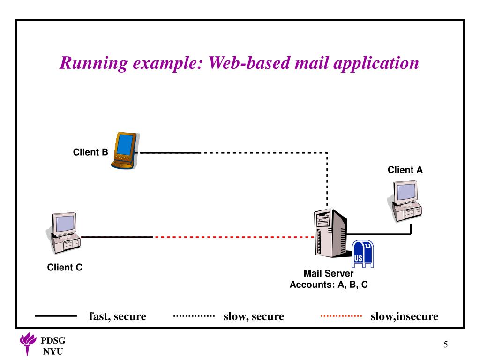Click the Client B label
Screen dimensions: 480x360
[90, 152]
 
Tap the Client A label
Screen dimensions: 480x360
[405, 170]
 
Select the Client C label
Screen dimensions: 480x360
[65, 267]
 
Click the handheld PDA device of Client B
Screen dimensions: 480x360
[125, 150]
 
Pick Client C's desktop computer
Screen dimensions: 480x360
[64, 233]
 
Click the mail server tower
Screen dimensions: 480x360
[330, 233]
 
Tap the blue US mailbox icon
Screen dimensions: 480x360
[363, 254]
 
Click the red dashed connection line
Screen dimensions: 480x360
[233, 237]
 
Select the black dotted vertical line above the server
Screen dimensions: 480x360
[327, 180]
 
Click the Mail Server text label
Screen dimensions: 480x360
[329, 273]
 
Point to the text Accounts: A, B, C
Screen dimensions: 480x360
[329, 285]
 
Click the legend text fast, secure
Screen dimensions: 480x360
[118, 316]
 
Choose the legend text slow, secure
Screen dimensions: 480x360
[254, 316]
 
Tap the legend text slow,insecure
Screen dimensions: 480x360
[405, 316]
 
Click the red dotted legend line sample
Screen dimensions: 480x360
[341, 315]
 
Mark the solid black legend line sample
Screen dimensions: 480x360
[56, 316]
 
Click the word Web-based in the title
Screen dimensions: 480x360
[249, 63]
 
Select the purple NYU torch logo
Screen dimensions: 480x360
[28, 344]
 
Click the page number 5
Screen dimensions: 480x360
[446, 345]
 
